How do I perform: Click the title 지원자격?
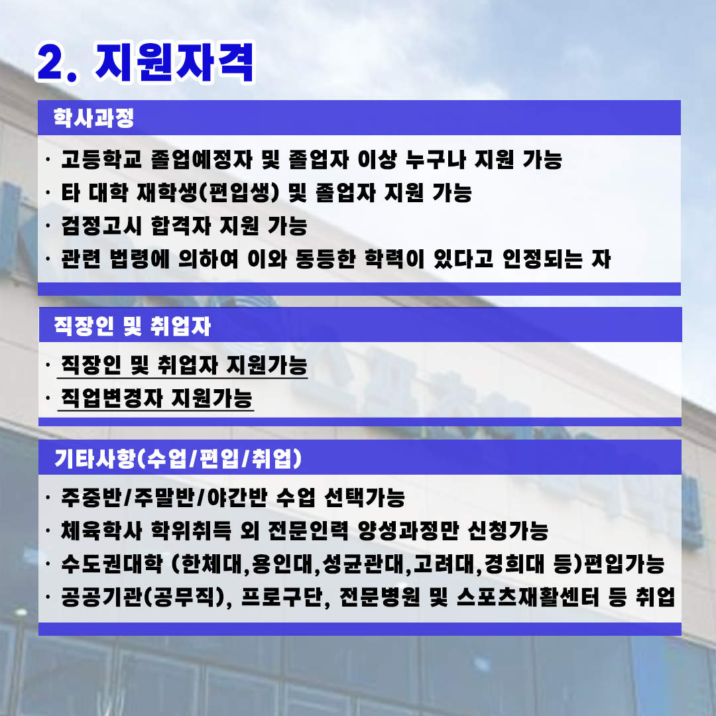tap(174, 62)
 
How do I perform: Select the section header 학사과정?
tap(93, 118)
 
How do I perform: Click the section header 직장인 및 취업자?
tap(133, 326)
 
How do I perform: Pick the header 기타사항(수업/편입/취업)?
tap(178, 459)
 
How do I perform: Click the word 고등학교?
tap(101, 159)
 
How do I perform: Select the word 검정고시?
tap(101, 226)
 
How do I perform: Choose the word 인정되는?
tap(542, 259)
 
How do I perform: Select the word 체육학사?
tap(101, 530)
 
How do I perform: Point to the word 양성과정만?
tap(408, 530)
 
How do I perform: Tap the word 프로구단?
tap(281, 597)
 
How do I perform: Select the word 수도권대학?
tap(112, 564)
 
